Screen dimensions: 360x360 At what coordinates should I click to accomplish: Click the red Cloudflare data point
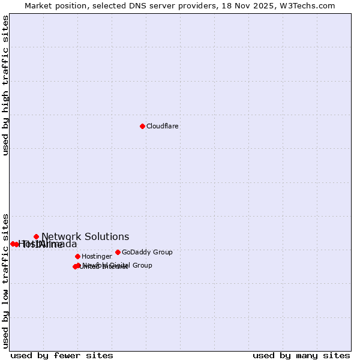(x=142, y=126)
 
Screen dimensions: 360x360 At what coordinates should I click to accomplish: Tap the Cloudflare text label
(x=163, y=127)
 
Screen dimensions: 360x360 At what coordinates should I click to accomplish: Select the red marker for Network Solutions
(x=36, y=236)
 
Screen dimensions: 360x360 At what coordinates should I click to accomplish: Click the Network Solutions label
(x=85, y=237)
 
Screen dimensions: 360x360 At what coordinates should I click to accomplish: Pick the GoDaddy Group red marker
(x=118, y=252)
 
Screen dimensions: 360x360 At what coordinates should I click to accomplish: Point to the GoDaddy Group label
(x=147, y=253)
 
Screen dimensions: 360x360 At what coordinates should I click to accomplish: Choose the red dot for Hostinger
(x=77, y=256)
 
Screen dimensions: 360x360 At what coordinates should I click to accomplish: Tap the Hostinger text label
(x=97, y=257)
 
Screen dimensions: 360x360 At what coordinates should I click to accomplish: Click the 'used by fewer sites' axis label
(x=62, y=356)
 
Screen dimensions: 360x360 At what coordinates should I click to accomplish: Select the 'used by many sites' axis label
(x=301, y=356)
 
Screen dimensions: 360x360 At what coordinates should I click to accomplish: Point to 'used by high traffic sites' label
(x=5, y=85)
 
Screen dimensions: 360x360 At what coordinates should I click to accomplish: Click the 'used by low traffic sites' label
(x=5, y=280)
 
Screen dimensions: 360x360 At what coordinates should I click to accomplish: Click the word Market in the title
(x=39, y=5)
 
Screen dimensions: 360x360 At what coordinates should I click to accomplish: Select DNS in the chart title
(x=138, y=5)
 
